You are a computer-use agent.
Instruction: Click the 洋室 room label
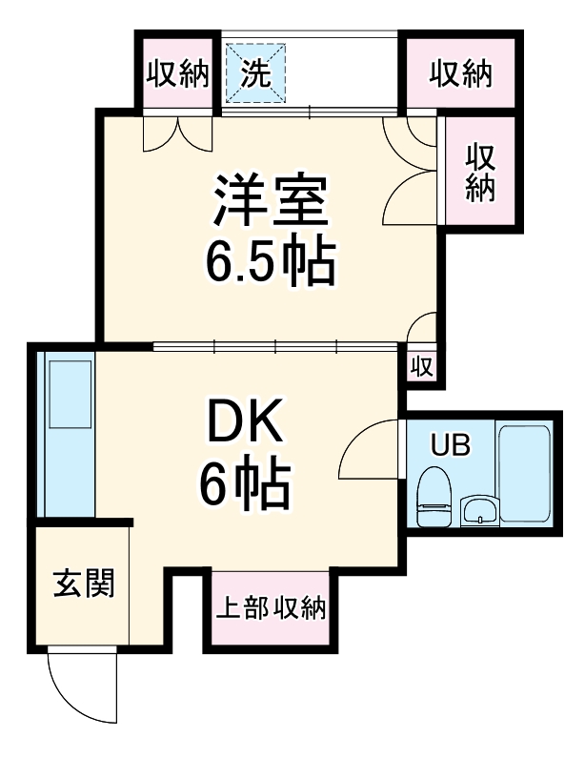(x=271, y=198)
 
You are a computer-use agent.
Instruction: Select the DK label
(x=245, y=422)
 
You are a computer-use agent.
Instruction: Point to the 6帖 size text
(x=245, y=485)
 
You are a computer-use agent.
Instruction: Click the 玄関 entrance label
(x=83, y=583)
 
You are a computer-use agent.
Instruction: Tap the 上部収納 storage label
(x=270, y=608)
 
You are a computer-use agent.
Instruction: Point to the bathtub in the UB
(x=524, y=473)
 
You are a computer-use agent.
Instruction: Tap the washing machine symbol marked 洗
(x=254, y=73)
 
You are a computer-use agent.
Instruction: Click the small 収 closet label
(x=422, y=367)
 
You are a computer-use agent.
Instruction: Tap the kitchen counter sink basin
(x=68, y=393)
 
